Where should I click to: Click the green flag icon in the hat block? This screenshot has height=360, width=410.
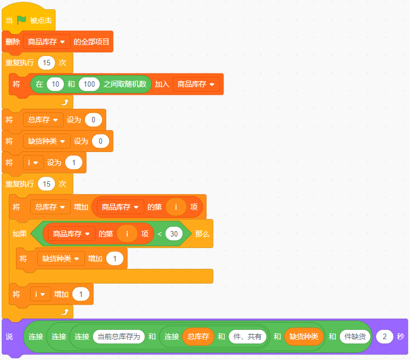tap(21, 20)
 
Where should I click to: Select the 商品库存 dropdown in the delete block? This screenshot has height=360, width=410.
tap(47, 42)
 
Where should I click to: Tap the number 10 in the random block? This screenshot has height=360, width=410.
tap(55, 84)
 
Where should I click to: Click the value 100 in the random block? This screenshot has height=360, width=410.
tap(89, 84)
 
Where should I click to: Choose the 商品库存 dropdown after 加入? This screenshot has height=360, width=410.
tap(196, 84)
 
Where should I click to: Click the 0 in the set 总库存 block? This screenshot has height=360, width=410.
tap(93, 120)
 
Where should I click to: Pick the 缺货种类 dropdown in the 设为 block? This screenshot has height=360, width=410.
tap(47, 141)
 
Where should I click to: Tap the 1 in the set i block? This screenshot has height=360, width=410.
tap(74, 162)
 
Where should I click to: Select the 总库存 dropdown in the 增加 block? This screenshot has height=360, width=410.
tap(50, 207)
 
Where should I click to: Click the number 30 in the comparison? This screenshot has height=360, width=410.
tap(174, 234)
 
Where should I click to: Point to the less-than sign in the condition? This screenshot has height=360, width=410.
tap(160, 234)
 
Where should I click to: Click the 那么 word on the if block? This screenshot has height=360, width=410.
tap(202, 234)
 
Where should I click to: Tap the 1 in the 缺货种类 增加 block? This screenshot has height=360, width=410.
tap(115, 258)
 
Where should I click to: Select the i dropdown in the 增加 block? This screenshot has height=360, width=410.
tap(40, 294)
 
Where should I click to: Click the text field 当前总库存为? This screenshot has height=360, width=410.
tap(119, 336)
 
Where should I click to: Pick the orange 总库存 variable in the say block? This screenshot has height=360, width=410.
tap(198, 336)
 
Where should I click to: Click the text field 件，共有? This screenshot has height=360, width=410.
tap(247, 336)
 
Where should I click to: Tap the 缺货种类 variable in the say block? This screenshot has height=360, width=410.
tap(304, 336)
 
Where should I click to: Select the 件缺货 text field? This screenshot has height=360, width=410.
tap(355, 336)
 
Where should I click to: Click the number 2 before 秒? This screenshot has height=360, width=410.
tap(385, 336)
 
